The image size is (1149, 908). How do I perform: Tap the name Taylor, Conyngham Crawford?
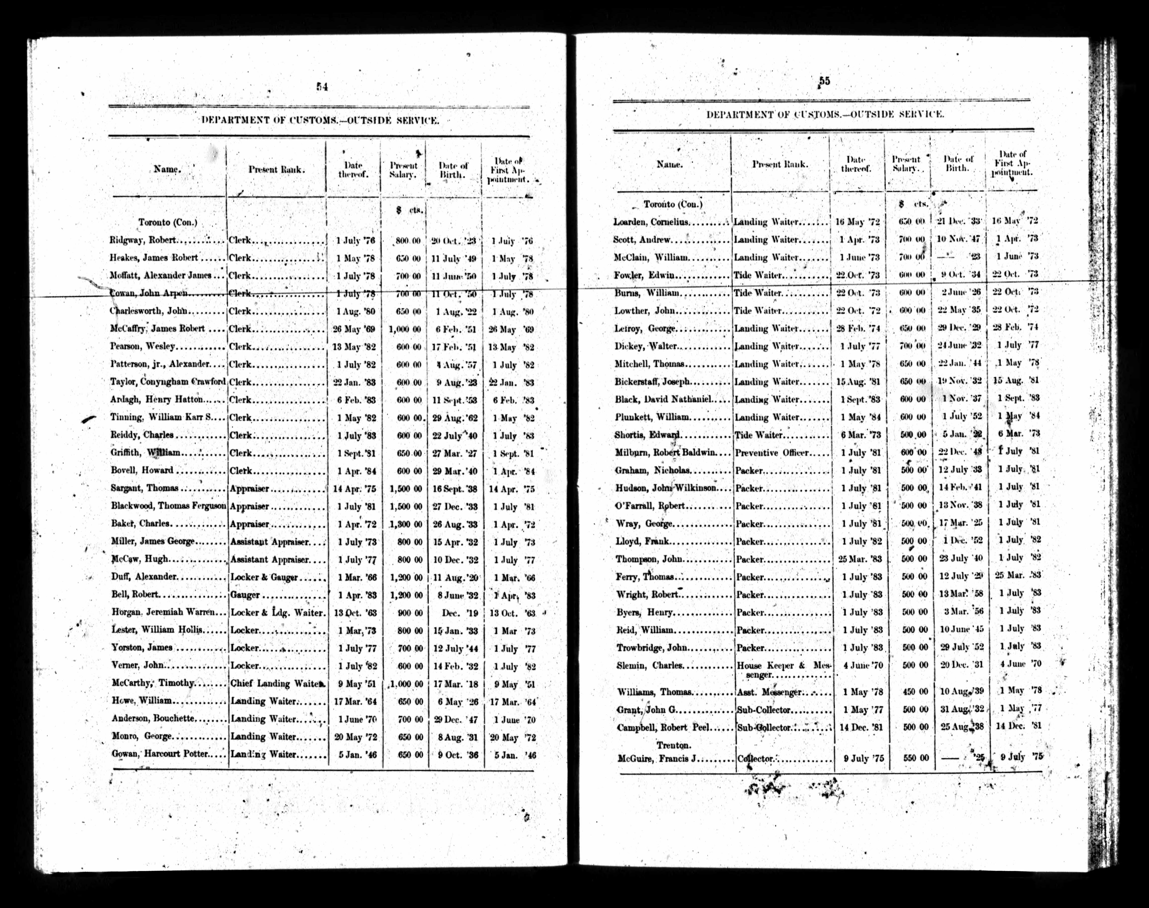[168, 382]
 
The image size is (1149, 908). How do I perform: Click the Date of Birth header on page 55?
[958, 163]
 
